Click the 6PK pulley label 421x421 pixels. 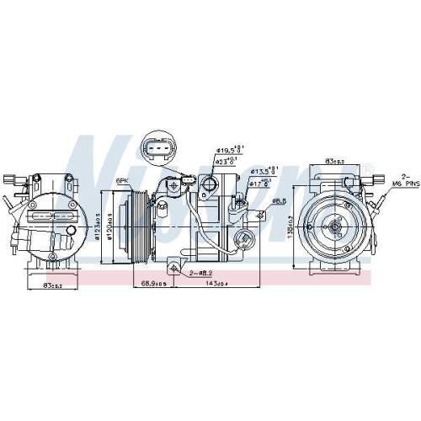(122, 181)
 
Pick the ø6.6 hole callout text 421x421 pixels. (279, 201)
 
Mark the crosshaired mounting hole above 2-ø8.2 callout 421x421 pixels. (173, 269)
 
